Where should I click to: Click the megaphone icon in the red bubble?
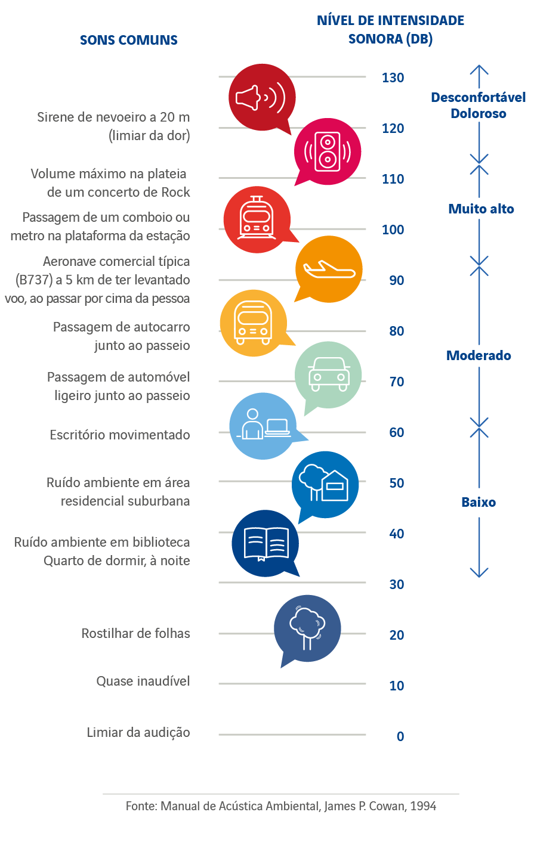click(261, 97)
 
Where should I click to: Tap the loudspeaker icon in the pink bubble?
click(328, 151)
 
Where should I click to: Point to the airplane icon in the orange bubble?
click(329, 269)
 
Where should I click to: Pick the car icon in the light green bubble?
click(328, 375)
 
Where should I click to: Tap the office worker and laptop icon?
click(263, 426)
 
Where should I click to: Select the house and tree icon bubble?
click(325, 484)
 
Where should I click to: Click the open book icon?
click(266, 544)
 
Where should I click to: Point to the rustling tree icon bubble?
click(307, 628)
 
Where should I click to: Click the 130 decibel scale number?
click(393, 78)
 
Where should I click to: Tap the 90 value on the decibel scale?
click(396, 281)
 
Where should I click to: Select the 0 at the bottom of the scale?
click(400, 737)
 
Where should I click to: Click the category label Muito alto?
click(481, 209)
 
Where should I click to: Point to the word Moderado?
click(479, 355)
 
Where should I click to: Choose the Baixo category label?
click(479, 502)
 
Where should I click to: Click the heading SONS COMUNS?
click(129, 41)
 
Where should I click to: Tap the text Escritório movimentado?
click(120, 435)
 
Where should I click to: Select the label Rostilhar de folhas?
click(135, 634)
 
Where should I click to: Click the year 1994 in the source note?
click(423, 807)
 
